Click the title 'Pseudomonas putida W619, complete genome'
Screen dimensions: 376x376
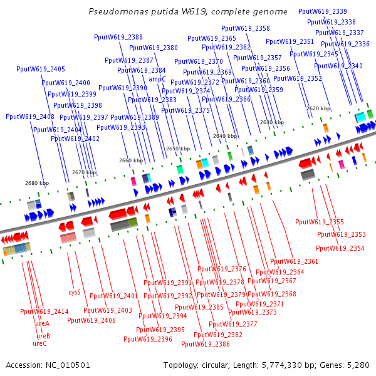click(188, 12)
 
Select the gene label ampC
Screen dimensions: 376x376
click(157, 79)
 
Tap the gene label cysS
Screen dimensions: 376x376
click(74, 292)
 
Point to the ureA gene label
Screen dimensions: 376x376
click(42, 323)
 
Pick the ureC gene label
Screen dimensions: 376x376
click(39, 343)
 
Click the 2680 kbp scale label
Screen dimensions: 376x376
click(37, 183)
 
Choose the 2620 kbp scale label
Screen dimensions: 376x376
click(318, 108)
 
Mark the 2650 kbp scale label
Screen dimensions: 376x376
click(177, 149)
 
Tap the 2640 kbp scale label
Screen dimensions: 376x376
click(225, 136)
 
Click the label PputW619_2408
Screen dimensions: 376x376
click(30, 117)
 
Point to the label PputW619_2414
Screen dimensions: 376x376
click(44, 311)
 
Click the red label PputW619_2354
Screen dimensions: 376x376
click(340, 248)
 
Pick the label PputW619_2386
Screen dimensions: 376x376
click(206, 344)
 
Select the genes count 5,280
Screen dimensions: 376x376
click(357, 365)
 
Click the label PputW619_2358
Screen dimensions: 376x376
click(246, 28)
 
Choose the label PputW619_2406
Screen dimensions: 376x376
click(91, 320)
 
